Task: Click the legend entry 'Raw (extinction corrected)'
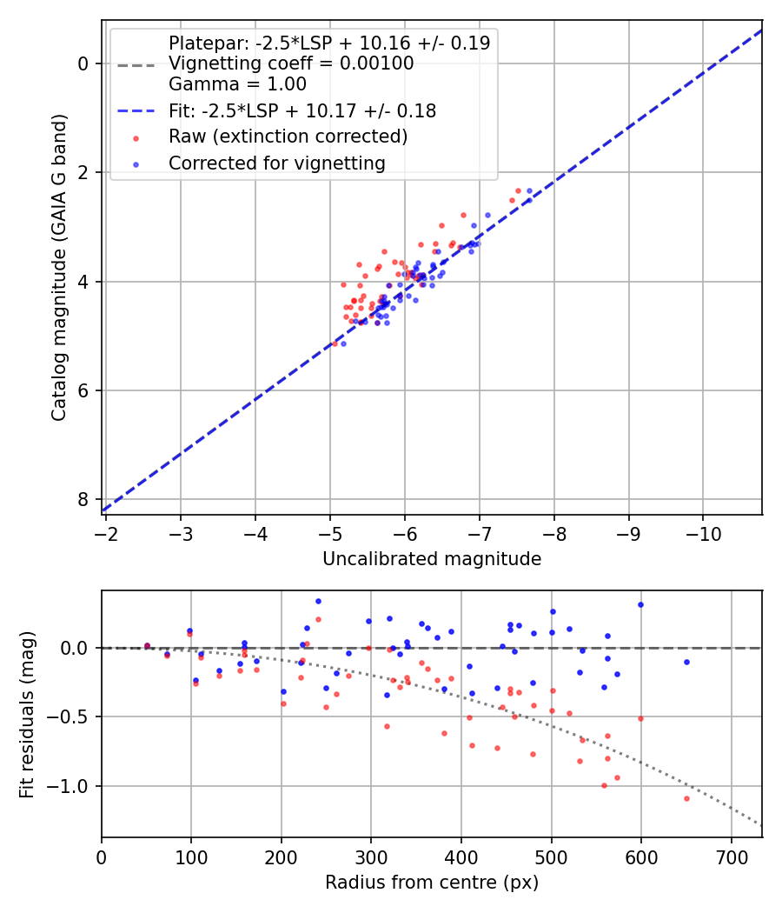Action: point(288,137)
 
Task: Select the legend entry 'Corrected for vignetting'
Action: point(277,163)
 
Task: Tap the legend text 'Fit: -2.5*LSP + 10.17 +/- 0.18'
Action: point(302,110)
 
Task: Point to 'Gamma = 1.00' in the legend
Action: point(237,84)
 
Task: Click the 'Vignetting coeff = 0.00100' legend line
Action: point(291,63)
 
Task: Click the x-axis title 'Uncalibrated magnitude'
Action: point(432,559)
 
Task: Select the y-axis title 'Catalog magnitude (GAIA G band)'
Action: point(58,267)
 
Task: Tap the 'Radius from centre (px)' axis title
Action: point(432,883)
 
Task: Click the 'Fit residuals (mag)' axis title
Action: point(27,714)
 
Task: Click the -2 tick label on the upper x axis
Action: point(106,532)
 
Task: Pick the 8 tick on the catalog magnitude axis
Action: point(83,499)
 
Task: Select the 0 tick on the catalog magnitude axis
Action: point(83,63)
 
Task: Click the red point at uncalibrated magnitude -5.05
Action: point(335,343)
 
